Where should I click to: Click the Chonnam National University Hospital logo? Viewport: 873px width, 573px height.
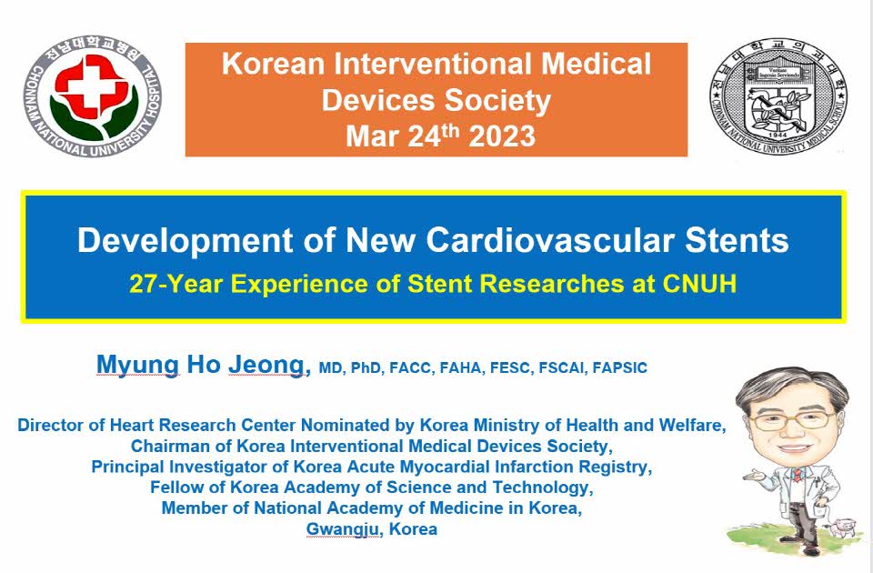93,95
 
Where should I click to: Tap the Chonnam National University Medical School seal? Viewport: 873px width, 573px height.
778,95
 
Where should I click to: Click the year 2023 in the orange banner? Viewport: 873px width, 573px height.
502,136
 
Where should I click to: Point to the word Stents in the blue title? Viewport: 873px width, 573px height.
737,240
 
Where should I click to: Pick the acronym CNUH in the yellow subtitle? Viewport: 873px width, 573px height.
699,284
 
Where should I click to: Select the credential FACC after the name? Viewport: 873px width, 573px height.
410,368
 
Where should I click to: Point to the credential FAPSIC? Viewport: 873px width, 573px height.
619,368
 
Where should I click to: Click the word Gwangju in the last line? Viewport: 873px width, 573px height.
344,529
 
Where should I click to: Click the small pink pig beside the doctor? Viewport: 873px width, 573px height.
842,527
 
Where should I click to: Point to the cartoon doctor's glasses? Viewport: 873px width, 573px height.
794,418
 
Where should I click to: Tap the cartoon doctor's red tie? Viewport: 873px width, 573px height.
798,475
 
